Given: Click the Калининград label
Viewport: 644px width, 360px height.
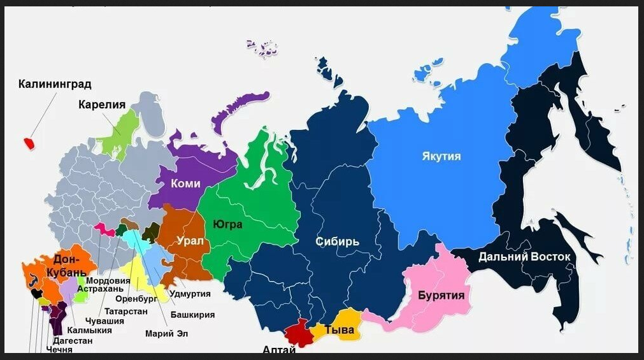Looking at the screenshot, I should tap(55, 84).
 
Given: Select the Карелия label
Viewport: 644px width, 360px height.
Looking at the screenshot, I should tap(102, 105).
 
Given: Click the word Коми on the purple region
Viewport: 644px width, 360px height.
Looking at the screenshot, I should tap(185, 184).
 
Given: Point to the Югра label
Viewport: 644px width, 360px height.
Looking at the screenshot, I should tap(227, 224).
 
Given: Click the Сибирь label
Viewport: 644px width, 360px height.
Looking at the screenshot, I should tap(338, 241).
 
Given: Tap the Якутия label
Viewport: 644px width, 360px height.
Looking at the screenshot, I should tap(441, 156).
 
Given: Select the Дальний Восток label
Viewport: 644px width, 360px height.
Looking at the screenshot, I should tap(524, 257).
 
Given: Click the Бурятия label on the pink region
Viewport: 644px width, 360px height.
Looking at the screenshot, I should tap(441, 296).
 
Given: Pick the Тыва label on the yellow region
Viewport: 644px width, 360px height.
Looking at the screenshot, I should tap(339, 330).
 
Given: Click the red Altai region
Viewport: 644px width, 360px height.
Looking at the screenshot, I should tap(296, 333).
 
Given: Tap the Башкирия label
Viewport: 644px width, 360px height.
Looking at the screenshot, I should tap(192, 315).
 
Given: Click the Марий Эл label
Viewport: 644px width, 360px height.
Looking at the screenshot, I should tap(167, 333).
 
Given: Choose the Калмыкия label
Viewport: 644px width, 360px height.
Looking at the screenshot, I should tap(89, 330).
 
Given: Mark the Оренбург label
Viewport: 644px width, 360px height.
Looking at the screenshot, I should tap(136, 298).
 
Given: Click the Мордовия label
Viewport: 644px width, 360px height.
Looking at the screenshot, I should tap(108, 280).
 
